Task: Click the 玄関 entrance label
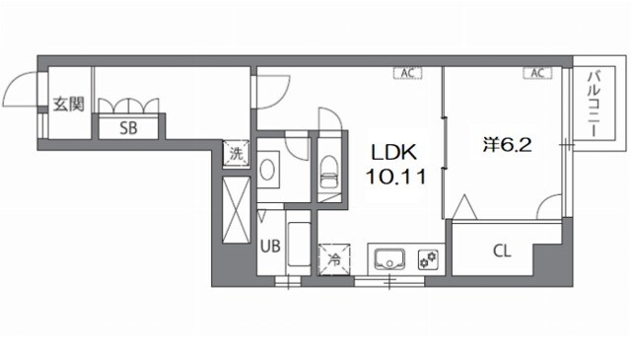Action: point(69,105)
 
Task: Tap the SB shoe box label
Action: point(128,128)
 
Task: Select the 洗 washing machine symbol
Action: point(237,153)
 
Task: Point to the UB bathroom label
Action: point(270,246)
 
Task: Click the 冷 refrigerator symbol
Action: point(334,259)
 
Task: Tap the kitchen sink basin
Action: point(389,260)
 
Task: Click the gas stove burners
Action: point(428,259)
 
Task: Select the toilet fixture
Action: point(329,172)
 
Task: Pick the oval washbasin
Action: point(267,170)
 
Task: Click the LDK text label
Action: point(394,153)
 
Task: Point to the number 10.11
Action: point(395,177)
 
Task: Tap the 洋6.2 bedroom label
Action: point(507,145)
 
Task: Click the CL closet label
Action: point(502,251)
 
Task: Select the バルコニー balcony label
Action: point(594,104)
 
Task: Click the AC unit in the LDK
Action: point(407,73)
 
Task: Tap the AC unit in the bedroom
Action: point(537,73)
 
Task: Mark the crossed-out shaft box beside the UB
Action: point(237,210)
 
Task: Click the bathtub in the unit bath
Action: point(299,245)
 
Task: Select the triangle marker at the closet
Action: point(464,207)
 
